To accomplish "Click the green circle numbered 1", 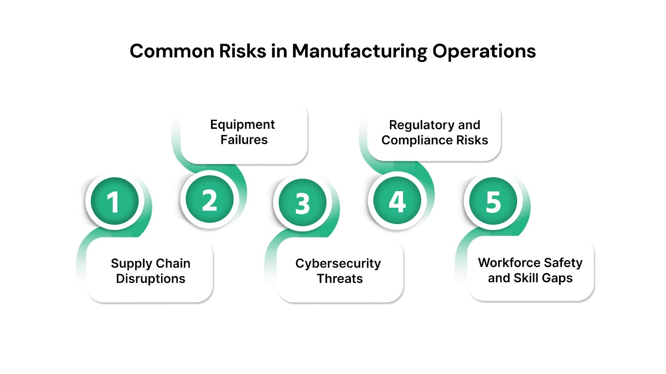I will point(114,201).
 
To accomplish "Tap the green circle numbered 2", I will point(209,199).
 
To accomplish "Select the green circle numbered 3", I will point(303,202).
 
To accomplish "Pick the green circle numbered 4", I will point(397,201).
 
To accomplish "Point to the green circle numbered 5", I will point(493,201).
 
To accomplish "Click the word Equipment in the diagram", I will point(242,125).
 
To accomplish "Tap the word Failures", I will point(244,140).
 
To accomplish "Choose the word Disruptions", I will point(151,278).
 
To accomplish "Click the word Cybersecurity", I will point(338,263).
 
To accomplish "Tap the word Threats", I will point(340,278).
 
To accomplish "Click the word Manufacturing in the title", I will point(359,52).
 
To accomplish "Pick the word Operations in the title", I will point(484,52).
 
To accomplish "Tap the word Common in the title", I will point(171,52).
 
